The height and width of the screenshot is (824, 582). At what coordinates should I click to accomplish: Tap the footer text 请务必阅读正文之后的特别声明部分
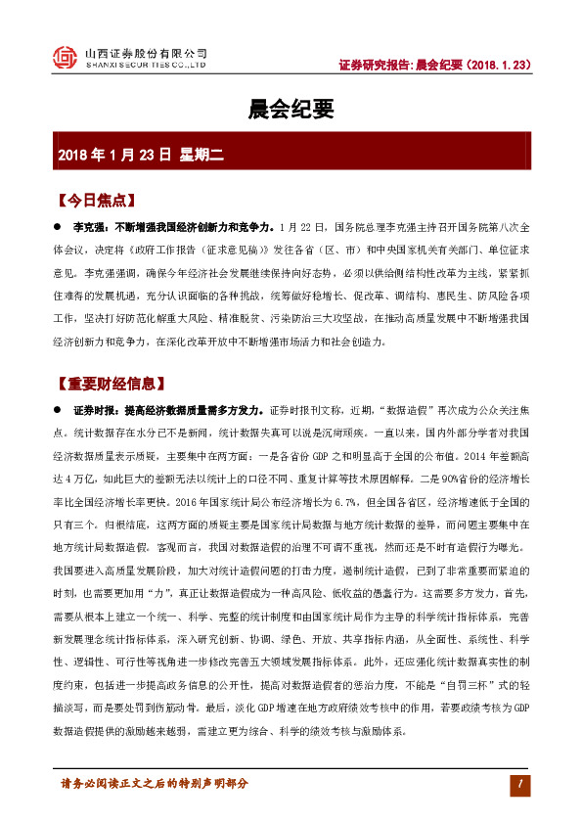pyautogui.click(x=155, y=784)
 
